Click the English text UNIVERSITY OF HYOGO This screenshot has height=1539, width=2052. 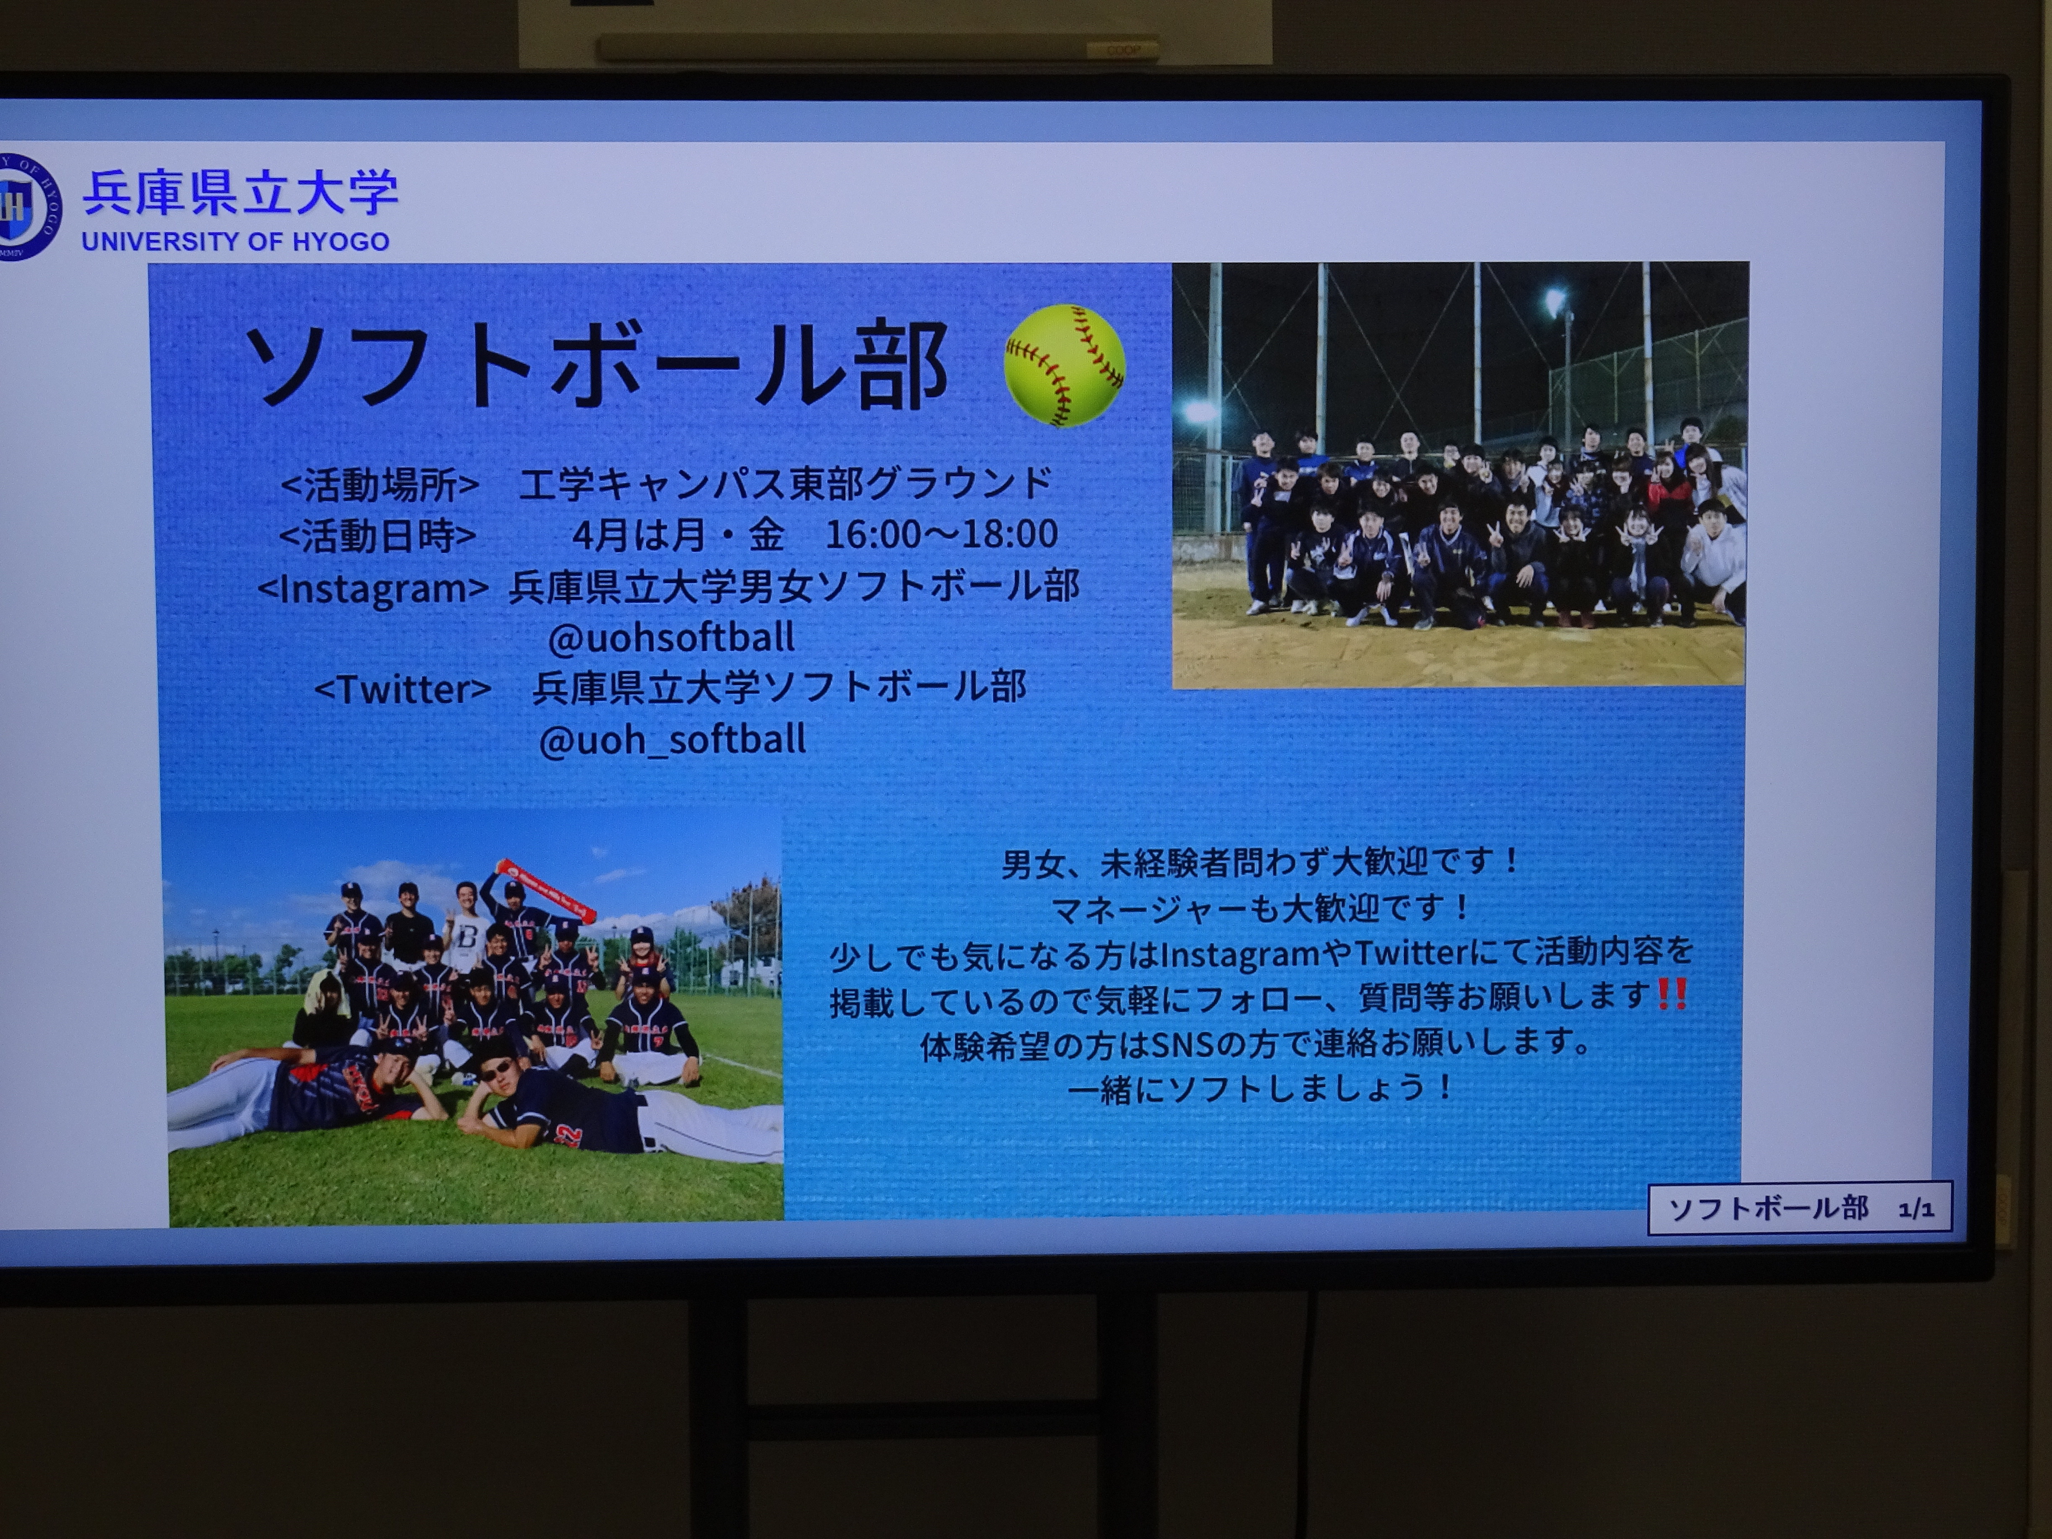236,241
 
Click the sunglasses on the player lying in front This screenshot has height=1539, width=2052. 495,1070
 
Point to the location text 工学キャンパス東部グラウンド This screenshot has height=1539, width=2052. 786,483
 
